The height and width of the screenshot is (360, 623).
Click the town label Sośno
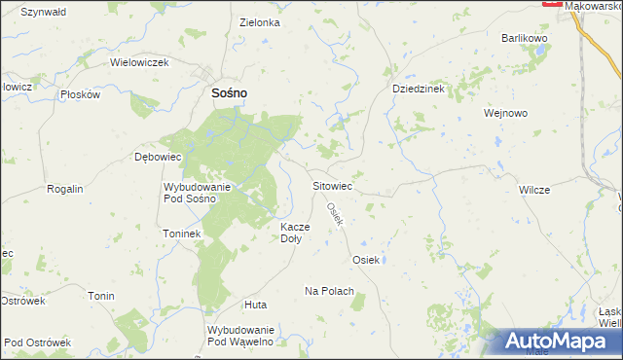[x=229, y=93]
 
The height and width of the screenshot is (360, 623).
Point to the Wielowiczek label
[x=140, y=62]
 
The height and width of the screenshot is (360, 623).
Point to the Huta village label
[x=256, y=305]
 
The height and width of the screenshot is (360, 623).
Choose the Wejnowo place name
[x=505, y=113]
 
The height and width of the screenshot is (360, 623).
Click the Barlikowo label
[x=525, y=37]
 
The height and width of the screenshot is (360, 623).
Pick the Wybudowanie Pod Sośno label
[x=197, y=192]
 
